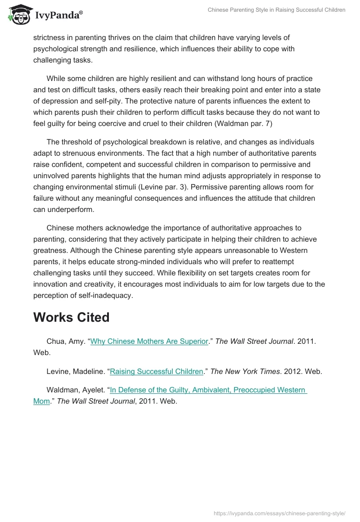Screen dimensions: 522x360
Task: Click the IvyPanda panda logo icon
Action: [x=18, y=14]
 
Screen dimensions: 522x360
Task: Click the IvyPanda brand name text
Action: [x=58, y=16]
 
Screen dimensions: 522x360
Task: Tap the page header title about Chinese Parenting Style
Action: [x=276, y=10]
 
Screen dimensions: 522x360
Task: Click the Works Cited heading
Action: [x=71, y=317]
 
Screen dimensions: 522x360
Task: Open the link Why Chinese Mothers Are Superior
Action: [x=149, y=342]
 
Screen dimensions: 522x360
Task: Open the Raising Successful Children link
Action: [x=157, y=372]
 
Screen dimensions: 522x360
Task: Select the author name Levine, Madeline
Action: [x=76, y=372]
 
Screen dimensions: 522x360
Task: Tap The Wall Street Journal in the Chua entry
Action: [x=254, y=342]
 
